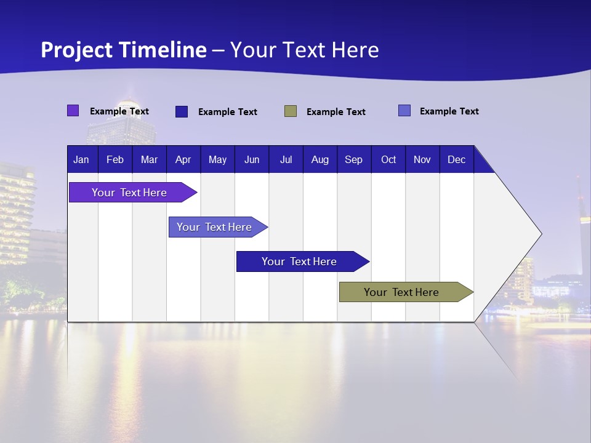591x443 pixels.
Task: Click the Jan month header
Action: click(x=81, y=159)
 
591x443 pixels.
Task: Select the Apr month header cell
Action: click(x=183, y=159)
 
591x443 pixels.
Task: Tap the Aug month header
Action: click(x=320, y=159)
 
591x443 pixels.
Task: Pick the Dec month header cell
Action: click(x=456, y=159)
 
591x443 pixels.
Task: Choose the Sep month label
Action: click(x=353, y=159)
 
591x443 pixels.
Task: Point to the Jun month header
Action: click(x=251, y=159)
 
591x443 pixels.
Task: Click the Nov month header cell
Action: click(x=422, y=159)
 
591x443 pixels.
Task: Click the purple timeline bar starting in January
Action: click(x=129, y=193)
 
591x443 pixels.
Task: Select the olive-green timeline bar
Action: click(x=401, y=292)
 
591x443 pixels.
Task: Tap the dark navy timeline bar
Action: click(x=299, y=261)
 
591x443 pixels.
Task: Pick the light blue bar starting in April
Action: click(x=214, y=227)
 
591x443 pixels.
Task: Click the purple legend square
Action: click(x=73, y=111)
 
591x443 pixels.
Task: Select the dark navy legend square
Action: click(x=182, y=111)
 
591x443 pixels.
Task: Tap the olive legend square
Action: click(x=291, y=111)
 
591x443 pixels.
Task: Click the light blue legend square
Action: click(x=404, y=111)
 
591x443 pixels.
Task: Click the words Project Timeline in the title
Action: click(x=124, y=50)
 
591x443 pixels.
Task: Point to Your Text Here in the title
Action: click(x=304, y=50)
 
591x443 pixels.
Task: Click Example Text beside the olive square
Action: click(x=336, y=112)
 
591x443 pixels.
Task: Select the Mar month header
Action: click(x=149, y=159)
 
